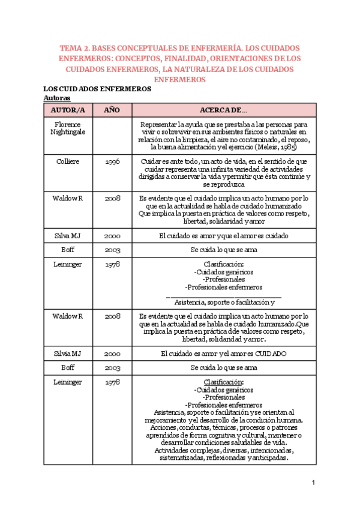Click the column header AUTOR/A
pos(68,110)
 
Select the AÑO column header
pos(112,110)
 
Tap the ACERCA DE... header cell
pos(223,110)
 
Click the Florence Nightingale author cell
pos(68,128)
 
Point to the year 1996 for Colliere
pos(112,162)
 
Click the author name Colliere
pos(68,161)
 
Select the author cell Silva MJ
pos(68,236)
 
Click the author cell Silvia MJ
pos(68,354)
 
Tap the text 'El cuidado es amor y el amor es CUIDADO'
pos(223,354)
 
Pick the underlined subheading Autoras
pos(57,97)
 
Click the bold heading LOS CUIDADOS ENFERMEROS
pos(97,89)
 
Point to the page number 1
pos(313,483)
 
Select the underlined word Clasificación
pos(223,382)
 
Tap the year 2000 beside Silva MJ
pos(112,236)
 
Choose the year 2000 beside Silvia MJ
pos(112,354)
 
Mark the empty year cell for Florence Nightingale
pos(112,136)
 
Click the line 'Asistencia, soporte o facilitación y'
pos(224,302)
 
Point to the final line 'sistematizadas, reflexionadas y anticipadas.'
pos(223,441)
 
